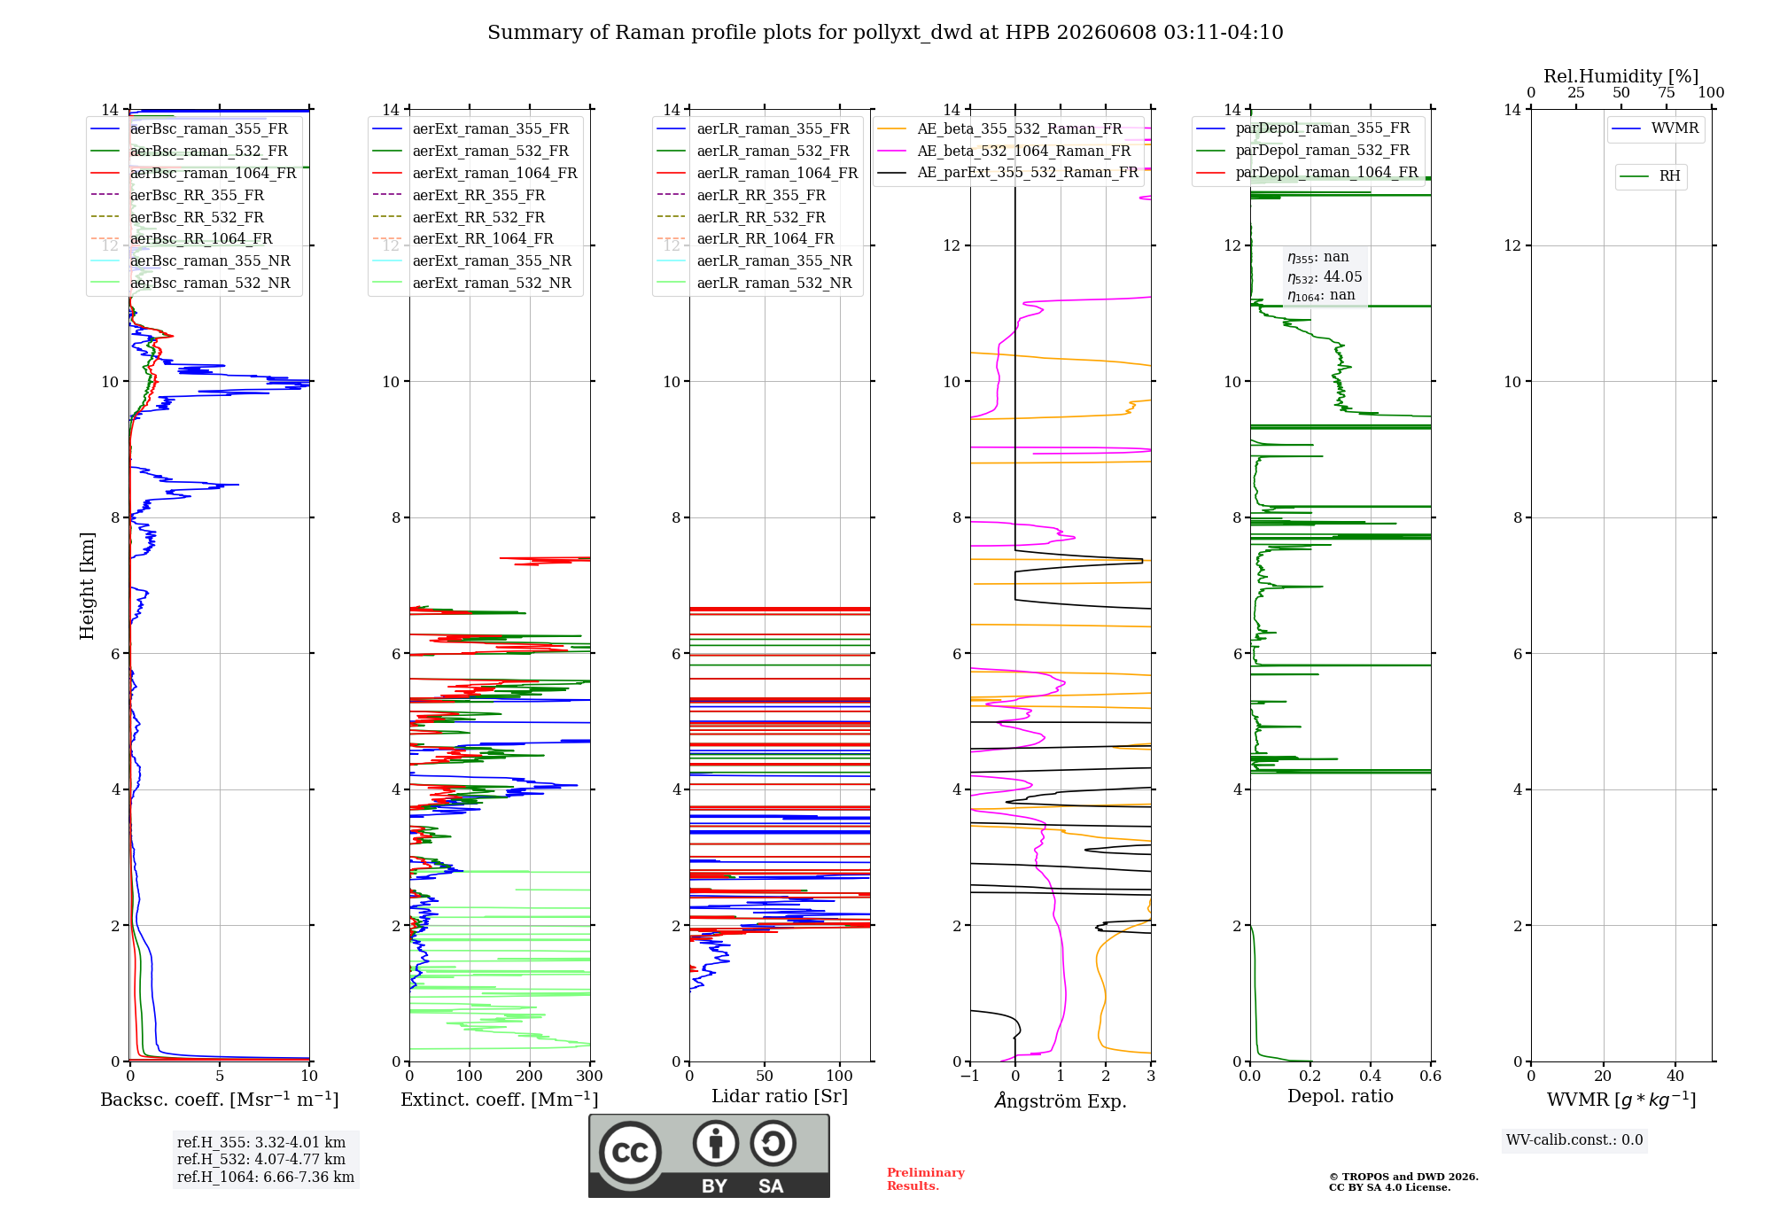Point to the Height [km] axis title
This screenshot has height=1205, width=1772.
(87, 586)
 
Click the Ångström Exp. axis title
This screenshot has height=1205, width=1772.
(1061, 1100)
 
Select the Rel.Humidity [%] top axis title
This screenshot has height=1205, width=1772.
(1620, 76)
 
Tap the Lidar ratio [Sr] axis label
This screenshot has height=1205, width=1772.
(780, 1096)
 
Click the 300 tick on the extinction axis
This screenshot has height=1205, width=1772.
(590, 1076)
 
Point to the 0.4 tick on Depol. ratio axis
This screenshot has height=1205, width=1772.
(1371, 1076)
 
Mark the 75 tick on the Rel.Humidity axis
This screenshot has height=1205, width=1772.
(1667, 92)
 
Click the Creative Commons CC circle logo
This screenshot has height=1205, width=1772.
(630, 1152)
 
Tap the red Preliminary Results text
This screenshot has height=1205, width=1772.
(926, 1179)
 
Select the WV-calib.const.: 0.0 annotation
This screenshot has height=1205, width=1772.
(1574, 1140)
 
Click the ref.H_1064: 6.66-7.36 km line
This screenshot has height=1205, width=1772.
(266, 1178)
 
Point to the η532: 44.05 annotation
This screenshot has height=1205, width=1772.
(1325, 277)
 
